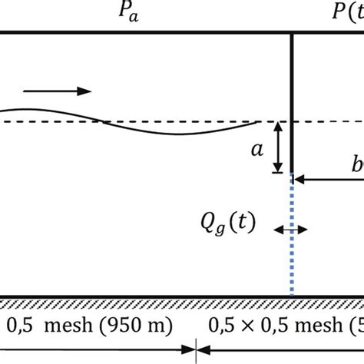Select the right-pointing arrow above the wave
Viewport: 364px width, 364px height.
pos(58,91)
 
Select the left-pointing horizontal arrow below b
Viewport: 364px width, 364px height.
pos(330,180)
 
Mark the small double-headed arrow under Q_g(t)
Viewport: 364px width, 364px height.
pos(292,229)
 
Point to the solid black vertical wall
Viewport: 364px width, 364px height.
pos(292,100)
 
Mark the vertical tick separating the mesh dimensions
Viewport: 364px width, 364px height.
pos(197,350)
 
